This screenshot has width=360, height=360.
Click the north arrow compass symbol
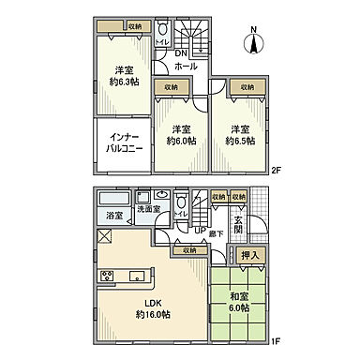coord(254,41)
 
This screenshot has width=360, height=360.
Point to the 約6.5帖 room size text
coord(240,142)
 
